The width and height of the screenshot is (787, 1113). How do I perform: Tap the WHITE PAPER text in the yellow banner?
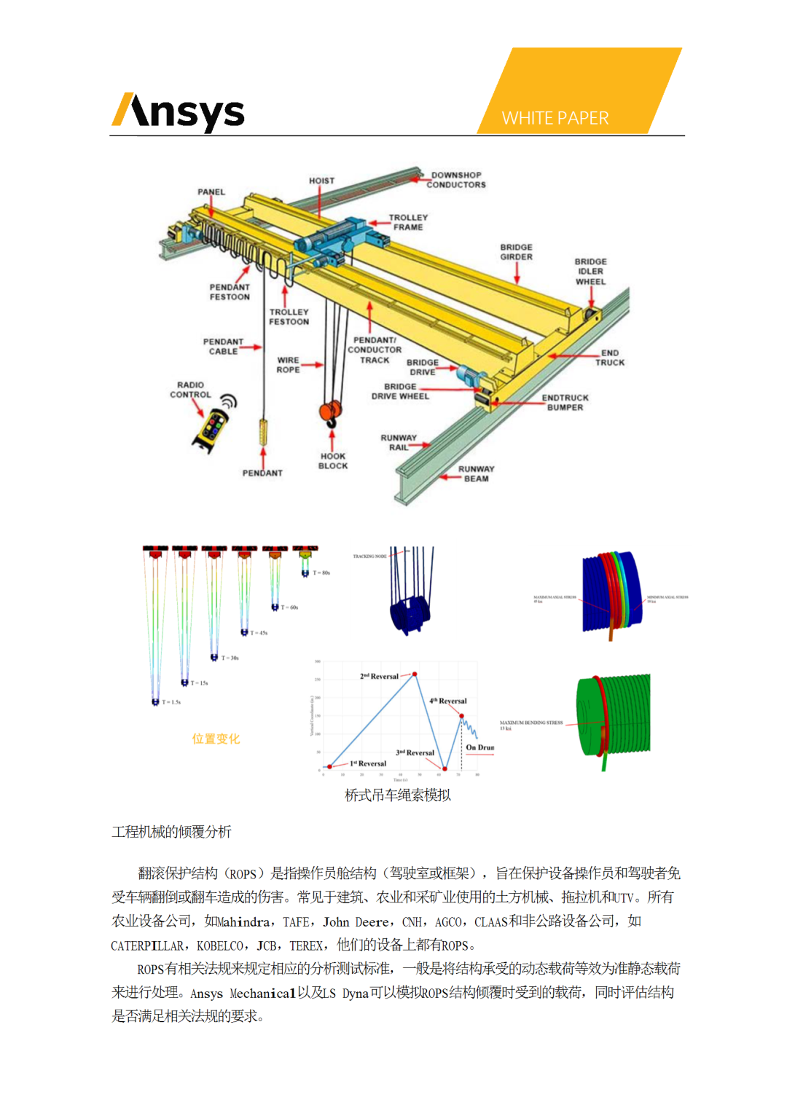[555, 118]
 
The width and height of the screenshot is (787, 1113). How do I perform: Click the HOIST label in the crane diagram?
[321, 181]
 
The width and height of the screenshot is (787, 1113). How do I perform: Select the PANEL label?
[211, 192]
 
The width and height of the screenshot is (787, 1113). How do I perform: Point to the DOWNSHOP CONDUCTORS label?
[456, 180]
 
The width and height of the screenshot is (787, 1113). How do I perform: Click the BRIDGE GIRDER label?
[516, 252]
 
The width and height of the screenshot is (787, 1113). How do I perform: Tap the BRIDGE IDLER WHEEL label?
[590, 272]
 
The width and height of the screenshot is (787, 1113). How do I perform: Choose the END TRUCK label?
[610, 358]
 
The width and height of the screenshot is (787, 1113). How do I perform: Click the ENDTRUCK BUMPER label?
[565, 403]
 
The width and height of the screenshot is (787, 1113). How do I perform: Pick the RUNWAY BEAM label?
[476, 473]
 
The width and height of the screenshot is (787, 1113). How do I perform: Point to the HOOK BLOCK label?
[333, 461]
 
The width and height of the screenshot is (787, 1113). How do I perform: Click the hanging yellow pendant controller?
[264, 431]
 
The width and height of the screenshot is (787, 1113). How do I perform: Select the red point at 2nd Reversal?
[415, 675]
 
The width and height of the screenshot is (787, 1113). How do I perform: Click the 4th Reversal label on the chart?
[448, 701]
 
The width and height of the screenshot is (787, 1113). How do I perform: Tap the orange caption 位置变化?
[216, 739]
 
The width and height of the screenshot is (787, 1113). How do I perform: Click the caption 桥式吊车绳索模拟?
[398, 795]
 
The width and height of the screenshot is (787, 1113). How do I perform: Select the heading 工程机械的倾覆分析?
[172, 832]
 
